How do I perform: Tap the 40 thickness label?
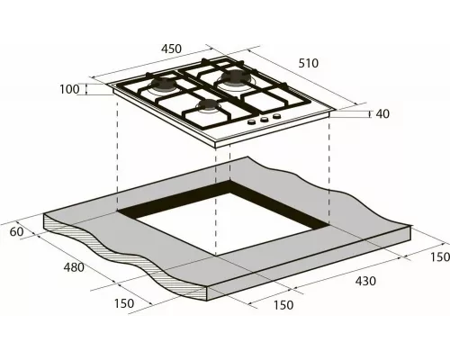[382, 113]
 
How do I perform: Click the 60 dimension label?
[15, 232]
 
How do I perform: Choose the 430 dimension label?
[364, 282]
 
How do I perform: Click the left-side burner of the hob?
[164, 86]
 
